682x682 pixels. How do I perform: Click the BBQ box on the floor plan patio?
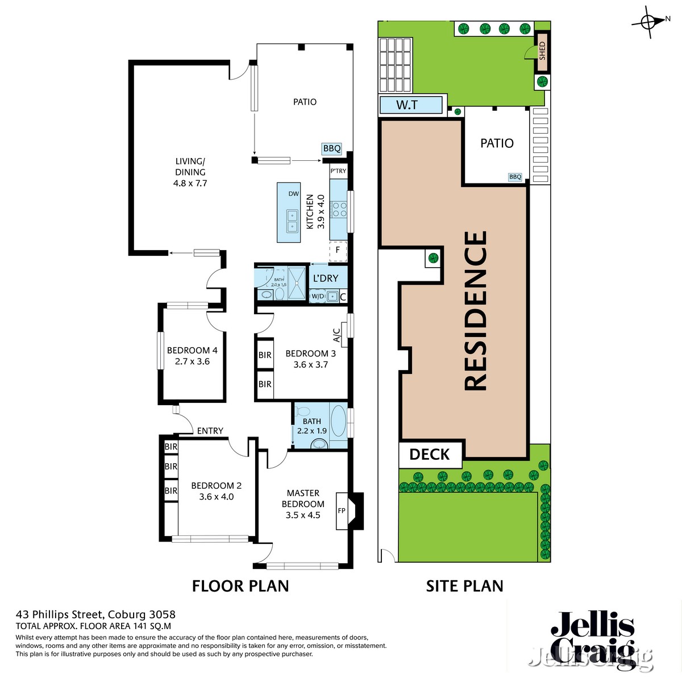331,149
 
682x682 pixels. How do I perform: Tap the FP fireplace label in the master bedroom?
342,510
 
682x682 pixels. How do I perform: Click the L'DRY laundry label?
326,278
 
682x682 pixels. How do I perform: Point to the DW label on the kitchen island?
293,194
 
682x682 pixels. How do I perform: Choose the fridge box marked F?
338,250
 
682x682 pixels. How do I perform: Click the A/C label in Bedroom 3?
336,336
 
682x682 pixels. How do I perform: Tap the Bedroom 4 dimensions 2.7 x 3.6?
192,361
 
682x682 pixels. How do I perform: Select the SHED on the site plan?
542,51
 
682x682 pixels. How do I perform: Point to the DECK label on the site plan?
429,454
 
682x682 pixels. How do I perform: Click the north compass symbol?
649,22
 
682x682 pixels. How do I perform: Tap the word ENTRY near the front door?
210,431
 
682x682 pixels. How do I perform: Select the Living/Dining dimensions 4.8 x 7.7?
190,183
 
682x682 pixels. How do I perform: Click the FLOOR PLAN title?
240,586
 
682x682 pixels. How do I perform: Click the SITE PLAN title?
464,586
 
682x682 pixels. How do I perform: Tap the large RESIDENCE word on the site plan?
476,310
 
